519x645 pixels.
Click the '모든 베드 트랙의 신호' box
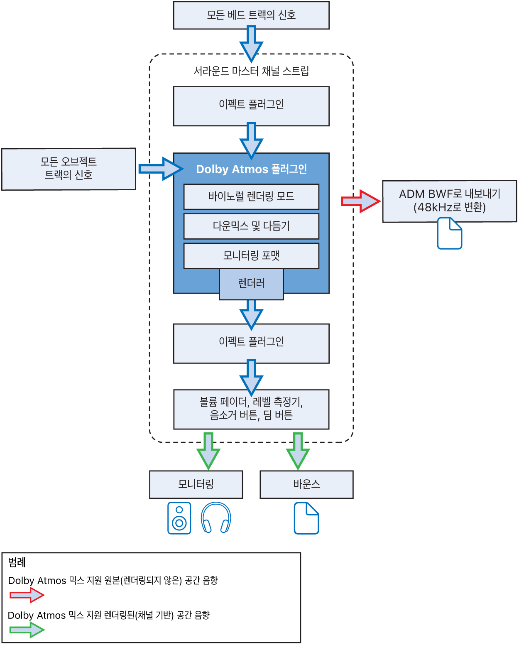[x=251, y=15]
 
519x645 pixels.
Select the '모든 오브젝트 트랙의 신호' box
[x=69, y=169]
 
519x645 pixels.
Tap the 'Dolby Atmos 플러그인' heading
[x=251, y=169]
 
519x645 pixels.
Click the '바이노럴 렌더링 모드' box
[x=251, y=196]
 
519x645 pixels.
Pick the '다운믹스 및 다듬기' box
[x=251, y=226]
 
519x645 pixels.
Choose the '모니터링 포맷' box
[x=251, y=255]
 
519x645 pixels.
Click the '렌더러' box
[x=251, y=284]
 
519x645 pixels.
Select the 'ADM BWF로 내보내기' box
[x=449, y=201]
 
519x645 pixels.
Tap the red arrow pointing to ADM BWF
[x=360, y=201]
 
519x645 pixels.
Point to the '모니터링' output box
[x=196, y=484]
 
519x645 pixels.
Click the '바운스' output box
[x=306, y=484]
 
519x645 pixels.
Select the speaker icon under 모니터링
[x=179, y=518]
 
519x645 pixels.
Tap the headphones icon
[x=215, y=518]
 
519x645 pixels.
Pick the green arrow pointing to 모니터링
[x=208, y=451]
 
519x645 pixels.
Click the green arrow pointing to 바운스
[x=298, y=451]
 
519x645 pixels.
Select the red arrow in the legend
[x=27, y=595]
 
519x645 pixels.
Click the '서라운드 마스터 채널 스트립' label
[x=251, y=71]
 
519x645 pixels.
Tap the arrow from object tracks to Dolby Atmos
[x=160, y=169]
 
